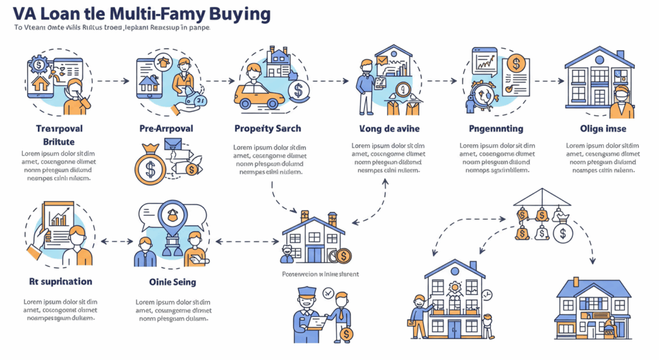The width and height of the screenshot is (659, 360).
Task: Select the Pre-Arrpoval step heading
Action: [166, 128]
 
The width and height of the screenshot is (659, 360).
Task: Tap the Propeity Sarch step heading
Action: [267, 128]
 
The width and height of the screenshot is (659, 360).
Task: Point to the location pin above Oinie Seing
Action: [172, 215]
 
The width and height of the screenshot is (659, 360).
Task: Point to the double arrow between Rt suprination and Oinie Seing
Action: [115, 242]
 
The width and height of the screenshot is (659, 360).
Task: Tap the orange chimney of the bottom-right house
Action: [576, 281]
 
